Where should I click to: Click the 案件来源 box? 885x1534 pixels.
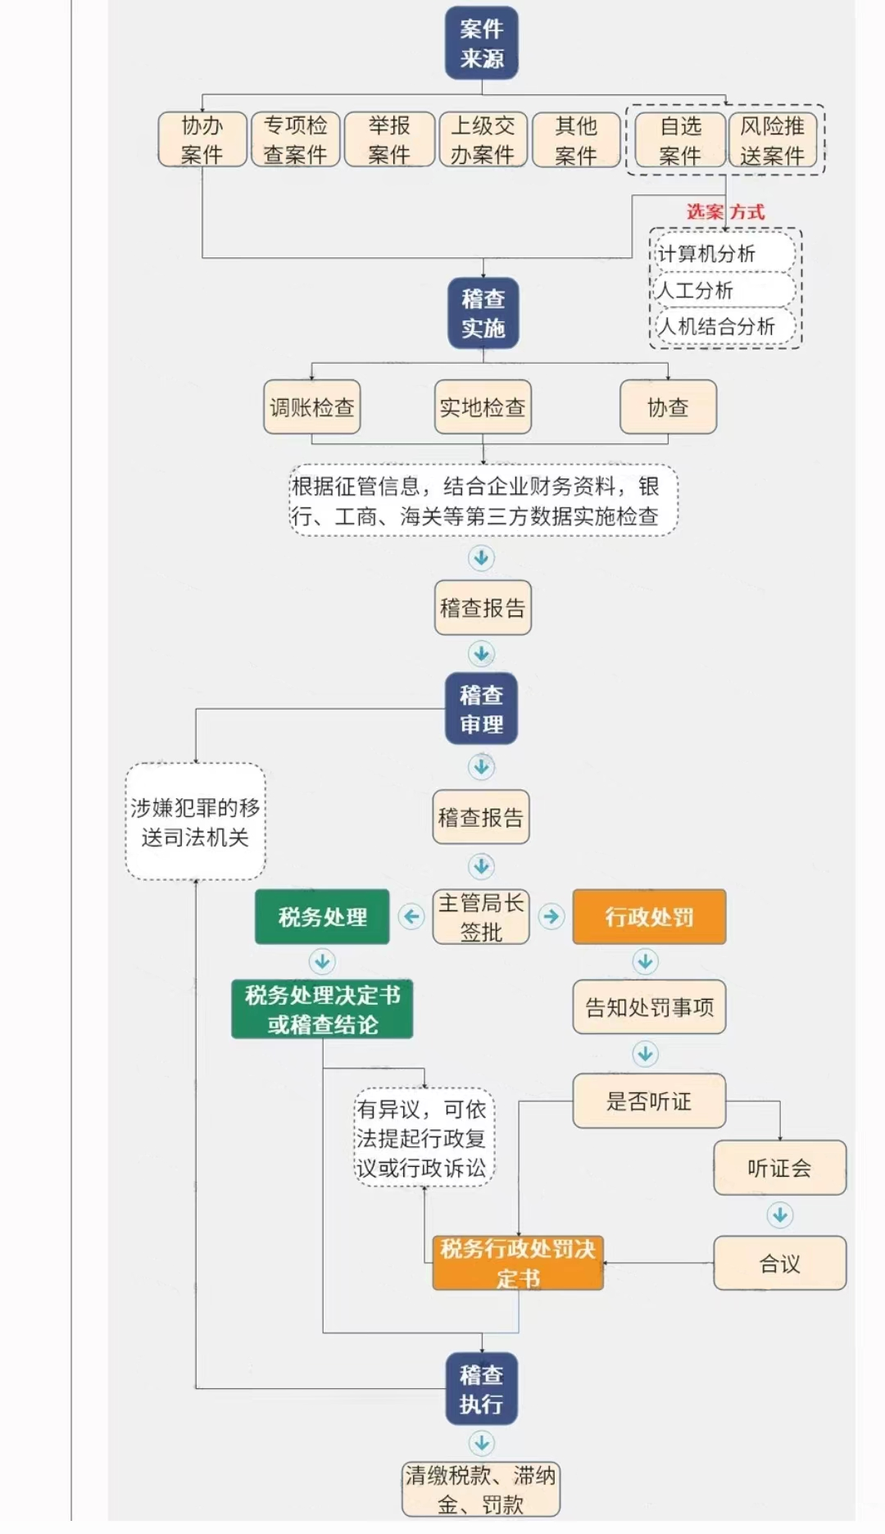[x=481, y=43]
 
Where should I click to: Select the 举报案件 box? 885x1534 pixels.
[x=389, y=140]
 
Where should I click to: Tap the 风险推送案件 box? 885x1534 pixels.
[x=772, y=140]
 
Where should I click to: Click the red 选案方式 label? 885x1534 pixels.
[x=725, y=211]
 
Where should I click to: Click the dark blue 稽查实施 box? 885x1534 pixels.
[x=483, y=313]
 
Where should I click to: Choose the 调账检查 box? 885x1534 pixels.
[x=311, y=407]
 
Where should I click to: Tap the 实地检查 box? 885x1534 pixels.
[x=482, y=407]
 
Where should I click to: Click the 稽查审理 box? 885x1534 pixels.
[x=481, y=710]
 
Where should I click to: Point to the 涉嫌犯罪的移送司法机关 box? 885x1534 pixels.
[x=195, y=822]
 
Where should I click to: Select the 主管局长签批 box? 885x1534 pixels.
[x=481, y=917]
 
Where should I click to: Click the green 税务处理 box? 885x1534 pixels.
[x=322, y=917]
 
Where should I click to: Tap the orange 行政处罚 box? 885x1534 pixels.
[x=649, y=917]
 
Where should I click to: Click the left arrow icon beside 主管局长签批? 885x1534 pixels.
[x=411, y=916]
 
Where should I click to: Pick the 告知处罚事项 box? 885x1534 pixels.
[x=649, y=1007]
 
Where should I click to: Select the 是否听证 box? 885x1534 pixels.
[x=649, y=1101]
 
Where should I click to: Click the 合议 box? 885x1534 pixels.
[x=779, y=1264]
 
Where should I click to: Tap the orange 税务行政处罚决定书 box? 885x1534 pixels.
[x=518, y=1263]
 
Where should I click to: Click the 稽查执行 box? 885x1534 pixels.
[x=481, y=1389]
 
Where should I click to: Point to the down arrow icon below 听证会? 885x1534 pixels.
[x=779, y=1214]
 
